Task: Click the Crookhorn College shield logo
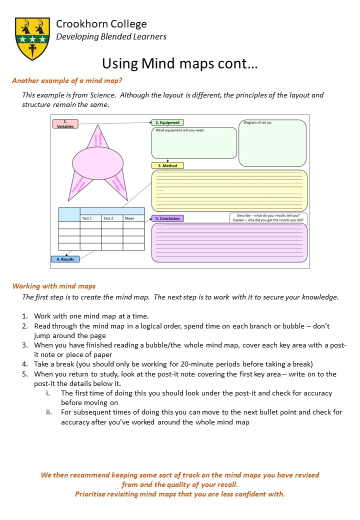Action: click(x=32, y=38)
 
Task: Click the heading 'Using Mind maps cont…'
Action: click(x=179, y=63)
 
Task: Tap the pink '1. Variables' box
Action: click(x=65, y=124)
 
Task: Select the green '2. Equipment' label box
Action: click(x=167, y=122)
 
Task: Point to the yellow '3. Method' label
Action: click(x=167, y=165)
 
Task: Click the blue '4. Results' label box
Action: click(x=65, y=259)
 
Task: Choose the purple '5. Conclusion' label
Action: click(x=167, y=218)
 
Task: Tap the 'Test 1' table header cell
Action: click(x=90, y=218)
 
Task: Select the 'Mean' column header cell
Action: click(x=133, y=218)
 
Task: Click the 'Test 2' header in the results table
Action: click(x=112, y=218)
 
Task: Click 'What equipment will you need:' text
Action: click(x=180, y=131)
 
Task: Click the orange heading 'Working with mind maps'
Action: click(x=54, y=286)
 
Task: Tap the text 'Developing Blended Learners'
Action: click(x=111, y=36)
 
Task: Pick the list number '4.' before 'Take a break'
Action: click(x=25, y=364)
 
